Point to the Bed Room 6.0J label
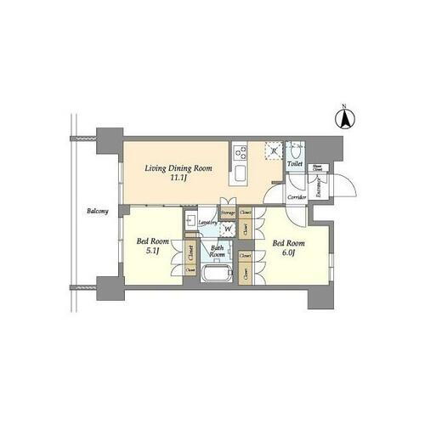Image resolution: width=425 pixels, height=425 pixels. [x=288, y=248]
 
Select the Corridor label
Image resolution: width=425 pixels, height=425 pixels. [x=296, y=197]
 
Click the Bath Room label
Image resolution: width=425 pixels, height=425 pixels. [x=218, y=252]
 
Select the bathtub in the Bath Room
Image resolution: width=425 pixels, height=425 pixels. [x=214, y=275]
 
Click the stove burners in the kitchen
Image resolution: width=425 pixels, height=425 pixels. [x=241, y=153]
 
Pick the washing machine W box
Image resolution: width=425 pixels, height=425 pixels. [x=227, y=229]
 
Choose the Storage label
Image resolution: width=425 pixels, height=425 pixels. [x=228, y=212]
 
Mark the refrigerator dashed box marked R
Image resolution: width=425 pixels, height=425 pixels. [x=274, y=151]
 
